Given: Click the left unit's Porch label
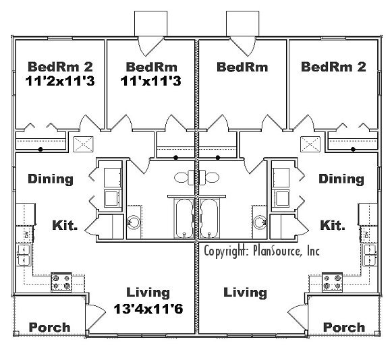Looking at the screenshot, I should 49,327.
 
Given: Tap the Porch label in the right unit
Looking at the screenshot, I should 344,327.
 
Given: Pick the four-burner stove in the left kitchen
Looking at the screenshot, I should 61,281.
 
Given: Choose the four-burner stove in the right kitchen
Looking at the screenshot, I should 332,281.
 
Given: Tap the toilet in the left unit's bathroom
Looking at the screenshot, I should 183,178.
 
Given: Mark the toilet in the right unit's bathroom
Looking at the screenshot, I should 211,178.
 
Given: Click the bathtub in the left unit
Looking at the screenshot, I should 182,218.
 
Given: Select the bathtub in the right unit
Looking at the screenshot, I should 211,218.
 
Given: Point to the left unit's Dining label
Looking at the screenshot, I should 51,179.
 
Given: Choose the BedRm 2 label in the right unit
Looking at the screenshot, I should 333,67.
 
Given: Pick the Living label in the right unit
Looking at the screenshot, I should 245,293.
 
